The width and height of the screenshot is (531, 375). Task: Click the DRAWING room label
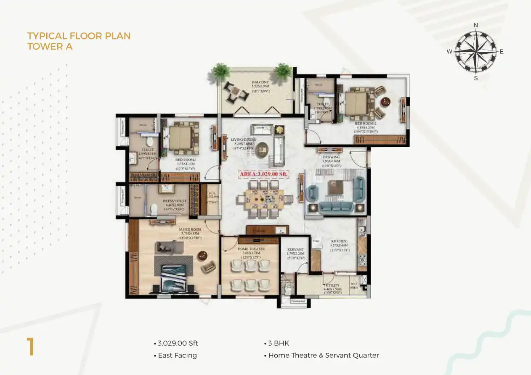(331, 157)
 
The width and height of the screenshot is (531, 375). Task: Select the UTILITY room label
(332, 285)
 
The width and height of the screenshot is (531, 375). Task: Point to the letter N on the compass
(476, 25)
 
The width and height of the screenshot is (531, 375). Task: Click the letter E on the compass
(502, 52)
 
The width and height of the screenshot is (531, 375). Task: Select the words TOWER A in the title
(50, 46)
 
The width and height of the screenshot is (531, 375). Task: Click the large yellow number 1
(30, 347)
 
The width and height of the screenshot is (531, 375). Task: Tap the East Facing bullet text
(177, 355)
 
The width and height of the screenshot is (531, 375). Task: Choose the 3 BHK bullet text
(279, 343)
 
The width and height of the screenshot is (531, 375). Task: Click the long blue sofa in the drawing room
(335, 206)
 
